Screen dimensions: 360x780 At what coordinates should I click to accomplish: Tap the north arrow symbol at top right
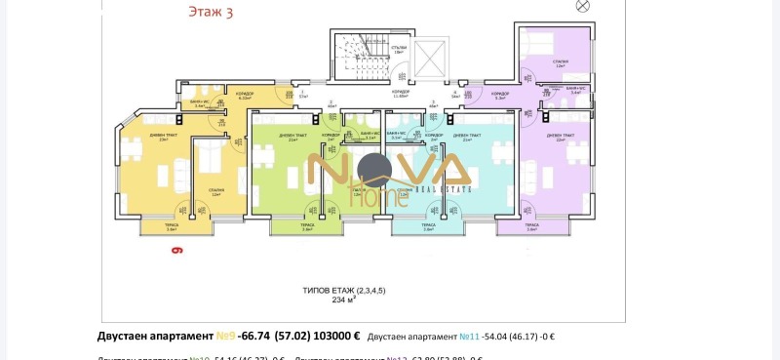click(583, 6)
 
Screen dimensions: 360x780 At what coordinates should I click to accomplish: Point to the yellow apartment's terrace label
click(171, 226)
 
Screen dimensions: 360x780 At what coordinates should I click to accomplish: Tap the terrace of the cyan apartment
click(428, 228)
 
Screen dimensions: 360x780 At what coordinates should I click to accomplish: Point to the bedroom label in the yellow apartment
click(214, 192)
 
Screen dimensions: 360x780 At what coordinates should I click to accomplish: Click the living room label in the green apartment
click(292, 137)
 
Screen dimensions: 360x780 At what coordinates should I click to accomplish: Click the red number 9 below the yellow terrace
click(177, 251)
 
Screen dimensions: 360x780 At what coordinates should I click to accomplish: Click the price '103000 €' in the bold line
click(331, 337)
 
